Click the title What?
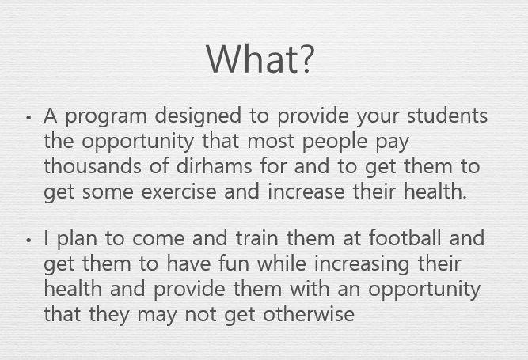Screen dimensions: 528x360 (260, 59)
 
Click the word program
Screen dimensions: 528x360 (106, 117)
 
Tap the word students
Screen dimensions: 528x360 (447, 115)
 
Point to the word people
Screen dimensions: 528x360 (335, 142)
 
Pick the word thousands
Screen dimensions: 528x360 (93, 166)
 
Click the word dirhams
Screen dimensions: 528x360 (214, 166)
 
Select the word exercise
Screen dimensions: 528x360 (178, 191)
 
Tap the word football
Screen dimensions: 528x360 (405, 237)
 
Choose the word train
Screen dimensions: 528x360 (257, 237)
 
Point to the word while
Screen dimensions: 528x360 (282, 263)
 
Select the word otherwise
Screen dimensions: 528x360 (309, 314)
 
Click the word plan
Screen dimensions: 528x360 (77, 239)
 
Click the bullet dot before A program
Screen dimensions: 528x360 (28, 117)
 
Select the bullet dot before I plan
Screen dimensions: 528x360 (28, 240)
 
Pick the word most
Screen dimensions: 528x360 (271, 142)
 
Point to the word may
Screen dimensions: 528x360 (158, 316)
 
